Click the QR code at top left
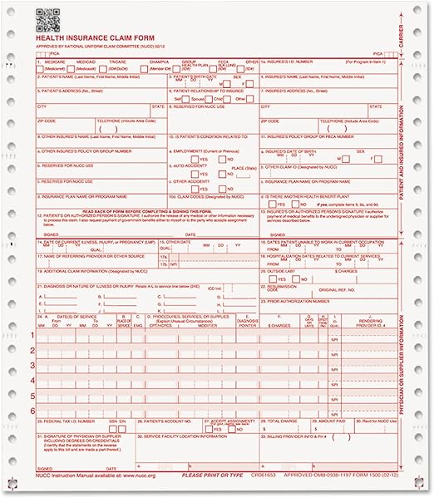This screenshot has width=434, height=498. (47, 18)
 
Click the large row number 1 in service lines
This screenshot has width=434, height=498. (32, 334)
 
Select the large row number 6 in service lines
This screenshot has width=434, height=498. (32, 411)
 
